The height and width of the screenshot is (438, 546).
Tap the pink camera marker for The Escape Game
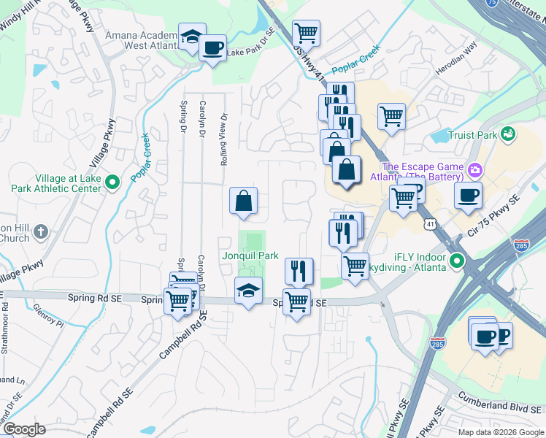[475, 171]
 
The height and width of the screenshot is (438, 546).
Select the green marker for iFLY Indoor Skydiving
[457, 260]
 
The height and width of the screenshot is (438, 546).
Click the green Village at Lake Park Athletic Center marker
[112, 182]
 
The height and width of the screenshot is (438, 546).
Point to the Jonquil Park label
[252, 256]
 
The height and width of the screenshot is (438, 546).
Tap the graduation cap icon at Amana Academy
[192, 37]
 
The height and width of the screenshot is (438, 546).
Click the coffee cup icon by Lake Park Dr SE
[212, 48]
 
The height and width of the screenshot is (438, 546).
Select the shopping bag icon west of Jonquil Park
[244, 201]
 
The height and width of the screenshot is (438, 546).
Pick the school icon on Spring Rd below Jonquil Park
[248, 291]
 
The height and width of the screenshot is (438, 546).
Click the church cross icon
[41, 232]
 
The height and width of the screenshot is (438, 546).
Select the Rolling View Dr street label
[225, 139]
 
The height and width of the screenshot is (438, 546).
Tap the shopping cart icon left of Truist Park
[392, 115]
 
